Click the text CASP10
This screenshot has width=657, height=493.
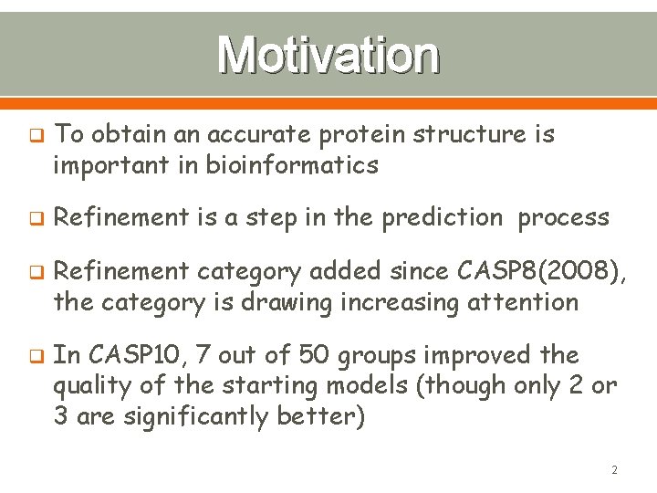tap(123, 354)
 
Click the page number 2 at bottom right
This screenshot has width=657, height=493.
tap(614, 470)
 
